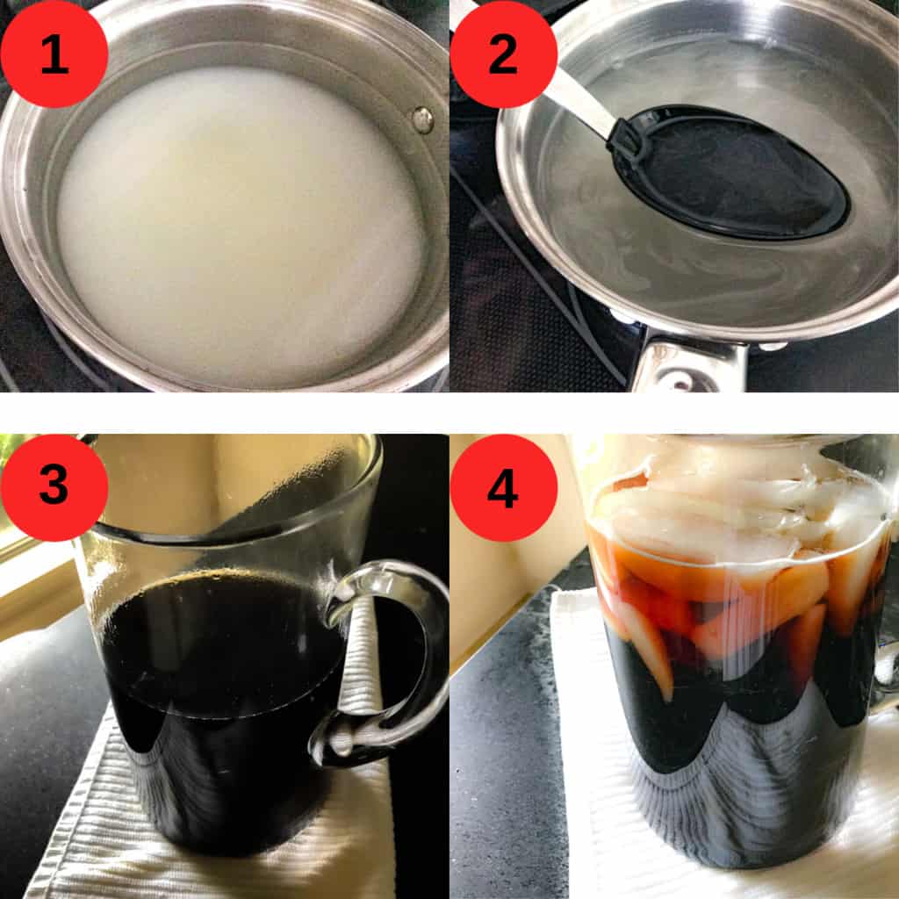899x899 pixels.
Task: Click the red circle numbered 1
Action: (54, 54)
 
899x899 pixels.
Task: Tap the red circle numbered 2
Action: (503, 54)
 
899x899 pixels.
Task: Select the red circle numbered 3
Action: (54, 487)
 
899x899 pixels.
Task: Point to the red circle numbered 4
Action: (503, 487)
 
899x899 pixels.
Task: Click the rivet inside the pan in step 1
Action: (423, 119)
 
